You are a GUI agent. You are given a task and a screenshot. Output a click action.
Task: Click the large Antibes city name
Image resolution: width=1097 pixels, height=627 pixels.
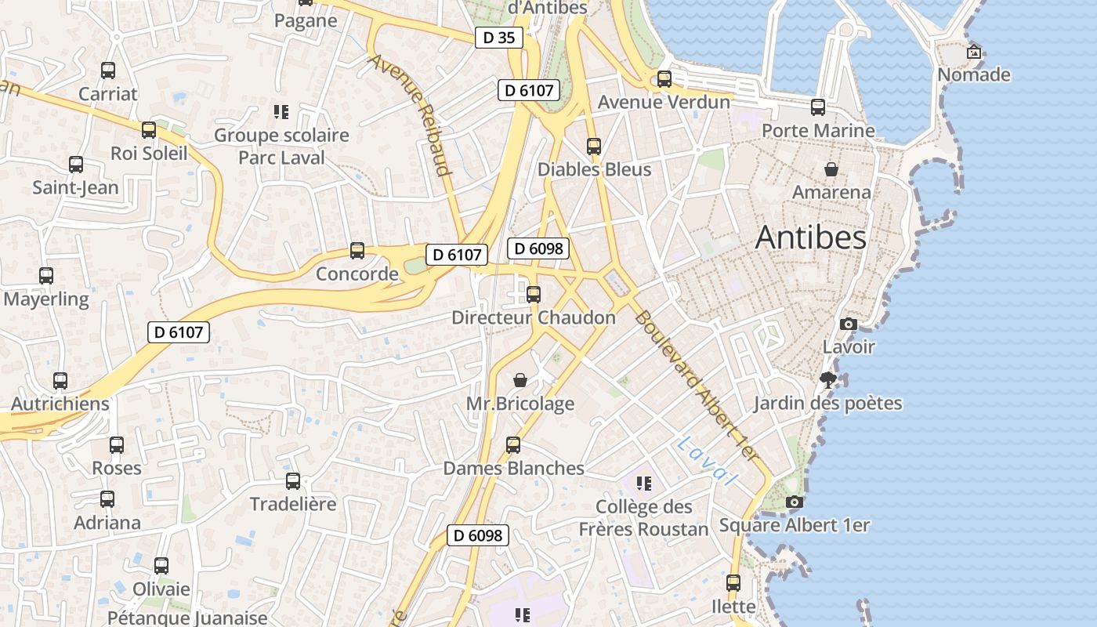pos(811,238)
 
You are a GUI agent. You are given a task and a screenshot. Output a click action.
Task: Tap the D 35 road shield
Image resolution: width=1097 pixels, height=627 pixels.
pos(499,37)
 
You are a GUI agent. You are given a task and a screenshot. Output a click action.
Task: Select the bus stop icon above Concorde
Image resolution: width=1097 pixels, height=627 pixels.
pos(357,251)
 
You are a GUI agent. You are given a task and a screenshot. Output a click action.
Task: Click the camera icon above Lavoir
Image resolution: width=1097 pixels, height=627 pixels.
pos(848,324)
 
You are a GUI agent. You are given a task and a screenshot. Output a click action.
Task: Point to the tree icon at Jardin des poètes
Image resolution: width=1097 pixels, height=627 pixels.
pos(827,381)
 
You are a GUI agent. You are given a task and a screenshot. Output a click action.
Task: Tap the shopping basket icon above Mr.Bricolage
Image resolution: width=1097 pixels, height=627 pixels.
pos(520,381)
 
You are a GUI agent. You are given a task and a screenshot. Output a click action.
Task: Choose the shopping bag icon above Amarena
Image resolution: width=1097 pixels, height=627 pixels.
pos(831,169)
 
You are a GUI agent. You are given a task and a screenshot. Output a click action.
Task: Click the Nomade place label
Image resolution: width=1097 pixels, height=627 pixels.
pos(974,74)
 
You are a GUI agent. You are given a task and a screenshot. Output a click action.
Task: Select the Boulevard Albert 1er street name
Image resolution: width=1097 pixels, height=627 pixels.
pos(697,384)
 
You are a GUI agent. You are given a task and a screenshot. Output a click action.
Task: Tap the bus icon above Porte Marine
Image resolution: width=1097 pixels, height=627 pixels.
pos(818,107)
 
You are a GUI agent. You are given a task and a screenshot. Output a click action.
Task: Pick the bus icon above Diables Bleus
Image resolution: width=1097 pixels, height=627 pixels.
pos(594,147)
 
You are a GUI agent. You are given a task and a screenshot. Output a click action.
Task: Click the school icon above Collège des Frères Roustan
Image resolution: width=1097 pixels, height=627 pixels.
pos(643,484)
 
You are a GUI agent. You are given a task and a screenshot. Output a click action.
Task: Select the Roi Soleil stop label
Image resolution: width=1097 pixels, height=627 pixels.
pos(149,153)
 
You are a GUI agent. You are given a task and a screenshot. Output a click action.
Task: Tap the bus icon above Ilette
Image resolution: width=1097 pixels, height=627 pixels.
pos(733,583)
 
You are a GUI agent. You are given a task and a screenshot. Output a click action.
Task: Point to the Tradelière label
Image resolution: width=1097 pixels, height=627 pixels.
pos(292,504)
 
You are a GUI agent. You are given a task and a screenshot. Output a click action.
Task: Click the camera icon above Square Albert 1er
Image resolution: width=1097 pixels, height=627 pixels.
pos(795,502)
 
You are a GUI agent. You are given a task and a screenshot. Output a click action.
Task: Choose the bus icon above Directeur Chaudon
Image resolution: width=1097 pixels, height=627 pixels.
pos(534,295)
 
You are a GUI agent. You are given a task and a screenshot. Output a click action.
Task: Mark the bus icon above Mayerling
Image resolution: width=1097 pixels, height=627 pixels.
pos(46,276)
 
